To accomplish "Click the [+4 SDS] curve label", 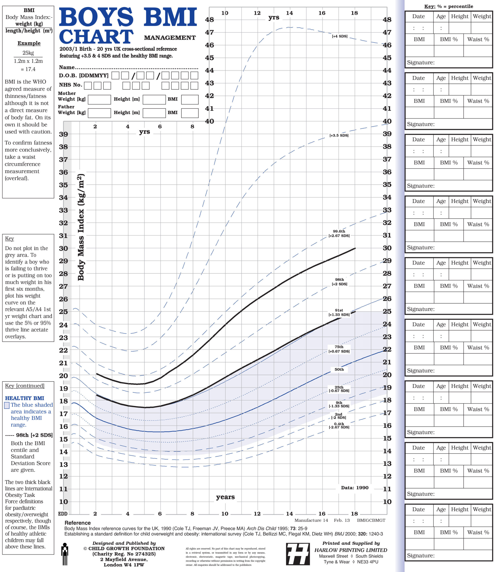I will coord(340,36).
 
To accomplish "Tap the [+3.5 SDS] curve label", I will coord(339,135).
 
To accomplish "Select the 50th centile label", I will coord(339,370).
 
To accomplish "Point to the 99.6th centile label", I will coord(339,233).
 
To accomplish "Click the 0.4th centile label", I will coord(339,425).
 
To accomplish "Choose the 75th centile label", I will coord(339,349).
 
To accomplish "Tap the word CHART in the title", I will coord(96,37).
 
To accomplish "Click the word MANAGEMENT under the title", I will coord(170,38).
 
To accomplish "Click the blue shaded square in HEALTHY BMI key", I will coord(7,406).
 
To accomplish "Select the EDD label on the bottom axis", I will coord(63,514).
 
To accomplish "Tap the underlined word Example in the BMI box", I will coord(29,43).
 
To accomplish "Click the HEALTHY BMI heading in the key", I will coord(24,398).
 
